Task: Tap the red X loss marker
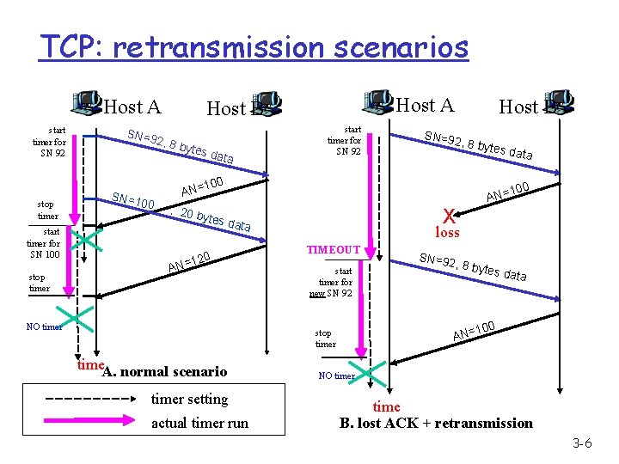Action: tap(447, 216)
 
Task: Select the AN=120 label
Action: tap(189, 262)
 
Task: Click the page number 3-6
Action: tap(582, 443)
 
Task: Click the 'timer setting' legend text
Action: tap(189, 399)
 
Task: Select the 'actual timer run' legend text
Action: tap(199, 423)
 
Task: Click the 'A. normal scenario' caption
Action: tap(164, 372)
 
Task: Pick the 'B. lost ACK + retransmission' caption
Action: tap(436, 423)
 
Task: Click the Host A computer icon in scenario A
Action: tap(88, 103)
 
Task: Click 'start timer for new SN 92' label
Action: tap(335, 281)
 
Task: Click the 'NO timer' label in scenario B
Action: tap(336, 375)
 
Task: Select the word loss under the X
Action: tap(447, 233)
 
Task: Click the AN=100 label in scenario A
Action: tap(203, 183)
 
